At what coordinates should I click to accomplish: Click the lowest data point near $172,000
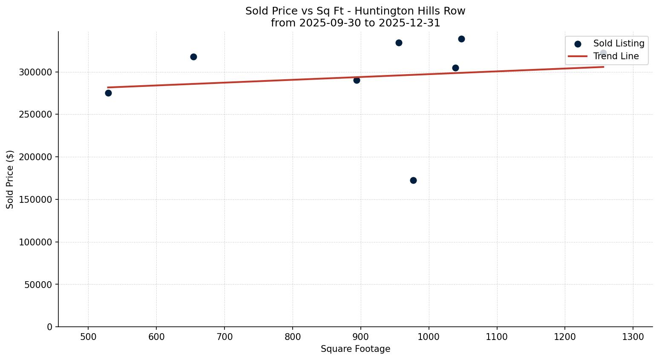point(413,180)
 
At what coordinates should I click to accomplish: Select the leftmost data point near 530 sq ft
point(108,93)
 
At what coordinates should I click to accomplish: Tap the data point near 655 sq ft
point(193,57)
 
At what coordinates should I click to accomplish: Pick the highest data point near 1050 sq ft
point(461,39)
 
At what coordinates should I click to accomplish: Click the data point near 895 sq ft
point(357,80)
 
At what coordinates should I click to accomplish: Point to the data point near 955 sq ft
point(399,43)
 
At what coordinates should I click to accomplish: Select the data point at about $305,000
point(455,68)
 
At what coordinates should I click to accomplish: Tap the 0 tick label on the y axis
point(50,327)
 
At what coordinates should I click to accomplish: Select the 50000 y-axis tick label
point(38,284)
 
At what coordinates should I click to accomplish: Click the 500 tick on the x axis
point(88,337)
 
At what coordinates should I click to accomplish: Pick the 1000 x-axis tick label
point(429,337)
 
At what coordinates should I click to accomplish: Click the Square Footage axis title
point(355,349)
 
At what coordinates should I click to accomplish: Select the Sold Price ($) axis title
point(10,179)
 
